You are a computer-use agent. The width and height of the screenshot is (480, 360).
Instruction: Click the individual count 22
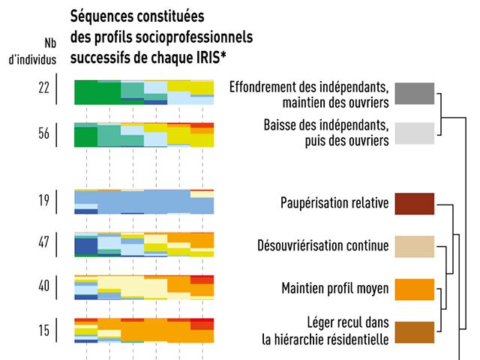point(44,87)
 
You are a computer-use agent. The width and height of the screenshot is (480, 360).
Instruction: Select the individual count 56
point(44,133)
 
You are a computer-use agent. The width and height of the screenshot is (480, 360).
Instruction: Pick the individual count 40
point(44,286)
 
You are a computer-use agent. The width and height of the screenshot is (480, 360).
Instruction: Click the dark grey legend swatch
point(414,93)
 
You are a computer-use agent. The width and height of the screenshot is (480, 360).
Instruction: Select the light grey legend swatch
point(414,133)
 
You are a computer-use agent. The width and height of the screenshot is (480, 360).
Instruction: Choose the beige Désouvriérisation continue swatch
point(414,246)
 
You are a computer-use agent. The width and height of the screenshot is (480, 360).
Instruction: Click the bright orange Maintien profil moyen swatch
point(414,289)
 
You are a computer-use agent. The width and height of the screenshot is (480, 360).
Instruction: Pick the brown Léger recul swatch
point(414,331)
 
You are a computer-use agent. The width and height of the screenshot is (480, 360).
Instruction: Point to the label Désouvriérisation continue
point(322,246)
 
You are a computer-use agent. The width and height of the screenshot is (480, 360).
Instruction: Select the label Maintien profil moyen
point(334,289)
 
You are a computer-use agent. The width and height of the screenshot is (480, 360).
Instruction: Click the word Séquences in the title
point(103,16)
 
